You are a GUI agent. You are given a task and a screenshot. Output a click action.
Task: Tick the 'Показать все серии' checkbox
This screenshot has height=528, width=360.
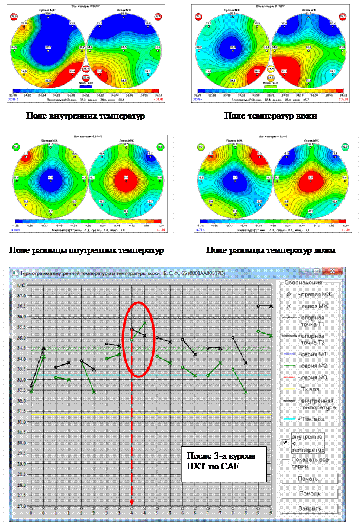click(x=287, y=462)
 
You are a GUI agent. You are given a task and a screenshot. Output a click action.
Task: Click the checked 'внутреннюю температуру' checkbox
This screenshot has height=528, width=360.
click(x=287, y=441)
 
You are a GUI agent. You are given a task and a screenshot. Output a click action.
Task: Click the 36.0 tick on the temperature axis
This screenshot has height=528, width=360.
click(x=21, y=316)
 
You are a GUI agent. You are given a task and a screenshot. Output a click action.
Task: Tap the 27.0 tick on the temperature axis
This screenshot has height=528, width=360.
click(x=21, y=506)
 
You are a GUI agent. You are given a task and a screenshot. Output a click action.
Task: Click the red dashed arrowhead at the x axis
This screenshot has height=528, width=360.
click(x=132, y=503)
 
